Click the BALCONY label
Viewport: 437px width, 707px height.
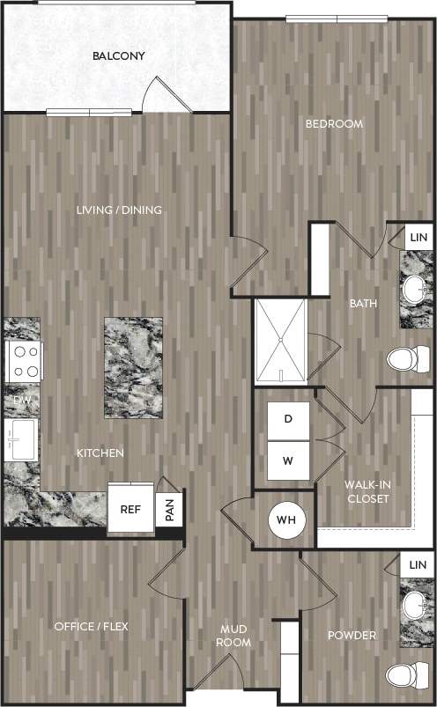tap(118, 56)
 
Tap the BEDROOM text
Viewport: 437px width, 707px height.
tap(334, 124)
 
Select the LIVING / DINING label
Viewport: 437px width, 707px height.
tap(119, 210)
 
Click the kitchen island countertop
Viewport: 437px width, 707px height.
tap(133, 367)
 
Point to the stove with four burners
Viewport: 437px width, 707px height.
tap(25, 361)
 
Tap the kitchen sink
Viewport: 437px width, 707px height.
tap(21, 438)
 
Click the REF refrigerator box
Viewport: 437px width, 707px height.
tap(131, 509)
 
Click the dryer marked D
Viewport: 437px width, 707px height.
tap(287, 419)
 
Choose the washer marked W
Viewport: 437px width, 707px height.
tap(287, 460)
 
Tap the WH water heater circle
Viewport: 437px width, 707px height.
tap(286, 519)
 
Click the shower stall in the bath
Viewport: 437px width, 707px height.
tap(280, 341)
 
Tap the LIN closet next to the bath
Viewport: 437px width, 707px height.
tap(418, 238)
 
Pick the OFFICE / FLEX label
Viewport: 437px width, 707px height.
tap(92, 626)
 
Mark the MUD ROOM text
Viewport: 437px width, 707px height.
tap(233, 635)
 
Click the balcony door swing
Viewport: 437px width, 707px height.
tap(167, 95)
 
